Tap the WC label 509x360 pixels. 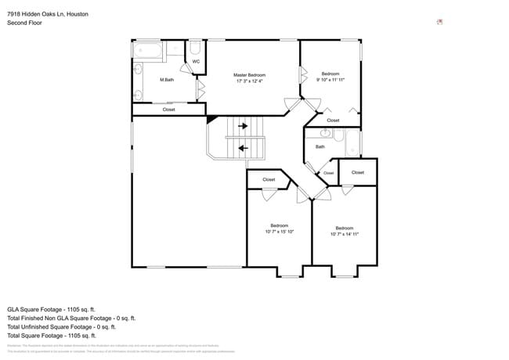(x=196, y=61)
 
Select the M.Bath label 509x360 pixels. (x=166, y=80)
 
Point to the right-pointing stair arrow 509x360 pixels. (x=243, y=125)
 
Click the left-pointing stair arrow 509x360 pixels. (x=243, y=147)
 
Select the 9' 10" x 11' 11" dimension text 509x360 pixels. (x=330, y=80)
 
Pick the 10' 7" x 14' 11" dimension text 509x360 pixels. (x=344, y=234)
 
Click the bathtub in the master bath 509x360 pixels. (x=148, y=51)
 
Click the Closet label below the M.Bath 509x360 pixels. (x=168, y=110)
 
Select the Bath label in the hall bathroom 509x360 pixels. (x=319, y=146)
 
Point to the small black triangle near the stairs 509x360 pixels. (x=211, y=119)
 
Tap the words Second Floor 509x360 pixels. (x=24, y=23)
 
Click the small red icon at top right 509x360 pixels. (x=439, y=22)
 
